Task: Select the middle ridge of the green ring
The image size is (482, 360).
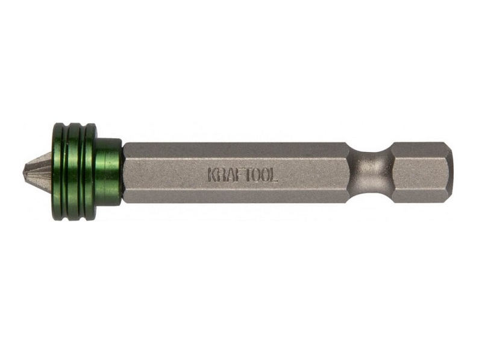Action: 75,172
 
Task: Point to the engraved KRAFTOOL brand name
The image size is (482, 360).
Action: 243,175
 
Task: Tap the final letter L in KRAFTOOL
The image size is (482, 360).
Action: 274,175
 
